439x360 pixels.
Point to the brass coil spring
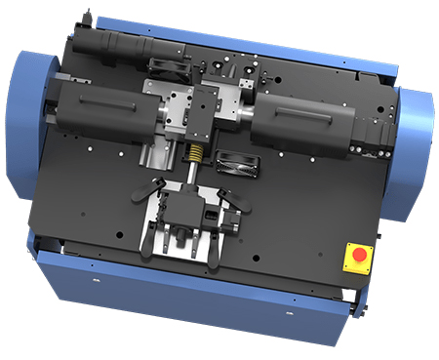point(195,154)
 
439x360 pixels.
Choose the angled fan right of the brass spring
point(236,163)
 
